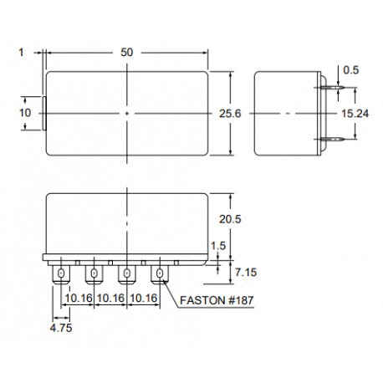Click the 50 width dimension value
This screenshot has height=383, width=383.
click(x=126, y=52)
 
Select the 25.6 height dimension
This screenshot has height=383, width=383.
click(x=243, y=113)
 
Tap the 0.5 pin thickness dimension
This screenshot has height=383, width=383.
click(x=350, y=70)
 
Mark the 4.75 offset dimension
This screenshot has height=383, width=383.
click(x=60, y=329)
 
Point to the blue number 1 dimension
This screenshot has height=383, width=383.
click(x=18, y=52)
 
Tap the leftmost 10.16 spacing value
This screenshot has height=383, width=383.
click(x=78, y=298)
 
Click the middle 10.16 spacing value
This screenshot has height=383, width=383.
click(x=110, y=298)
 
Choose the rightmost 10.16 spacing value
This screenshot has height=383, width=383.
click(x=143, y=298)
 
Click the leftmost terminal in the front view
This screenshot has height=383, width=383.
click(x=61, y=273)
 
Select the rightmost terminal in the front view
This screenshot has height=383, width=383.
click(x=159, y=273)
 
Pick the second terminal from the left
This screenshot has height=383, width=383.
click(x=94, y=273)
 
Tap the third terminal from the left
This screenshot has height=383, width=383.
click(x=126, y=273)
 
